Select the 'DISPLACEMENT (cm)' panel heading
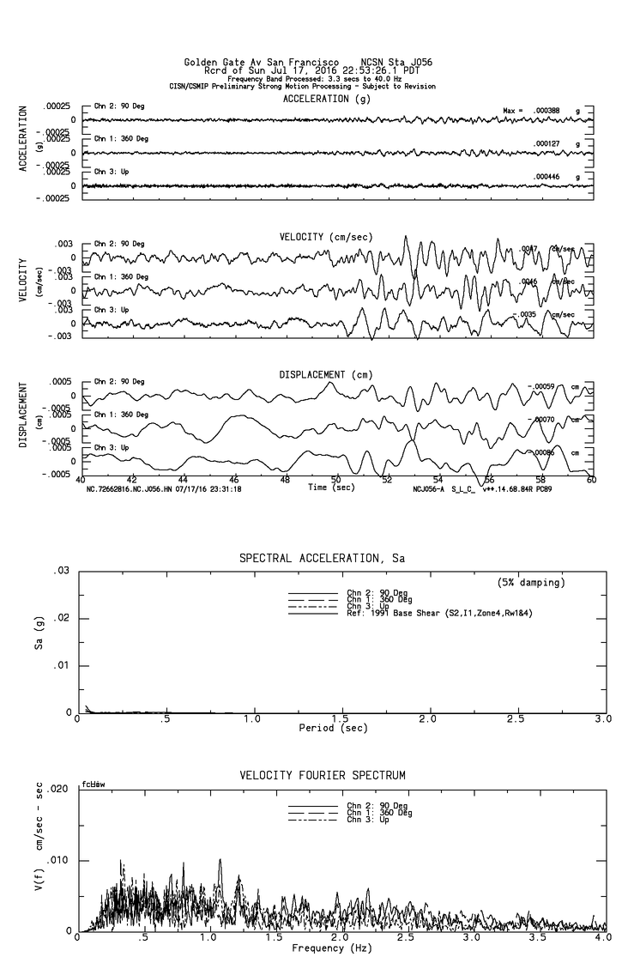pyautogui.click(x=325, y=374)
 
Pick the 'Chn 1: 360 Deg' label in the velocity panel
pyautogui.click(x=121, y=276)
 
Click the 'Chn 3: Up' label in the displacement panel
pyautogui.click(x=112, y=447)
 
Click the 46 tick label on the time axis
pyautogui.click(x=234, y=480)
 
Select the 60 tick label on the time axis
pyautogui.click(x=591, y=480)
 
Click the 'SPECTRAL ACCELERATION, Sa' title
pyautogui.click(x=322, y=558)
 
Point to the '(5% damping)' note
pyautogui.click(x=531, y=583)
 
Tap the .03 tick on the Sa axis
pyautogui.click(x=62, y=571)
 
